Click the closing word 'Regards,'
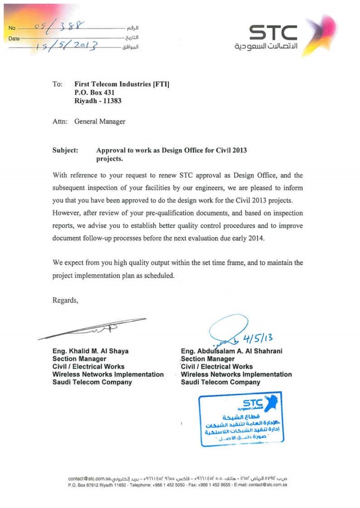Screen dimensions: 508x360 click(x=66, y=300)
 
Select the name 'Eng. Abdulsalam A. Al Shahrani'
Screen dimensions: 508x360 click(x=233, y=350)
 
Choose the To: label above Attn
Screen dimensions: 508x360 click(x=58, y=85)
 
